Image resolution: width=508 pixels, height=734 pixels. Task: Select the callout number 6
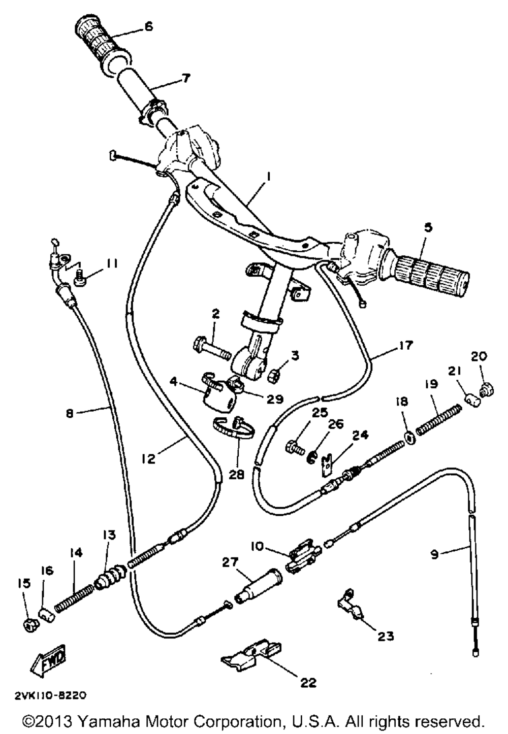148,26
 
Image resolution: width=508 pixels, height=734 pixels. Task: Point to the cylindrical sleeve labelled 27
259,587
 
